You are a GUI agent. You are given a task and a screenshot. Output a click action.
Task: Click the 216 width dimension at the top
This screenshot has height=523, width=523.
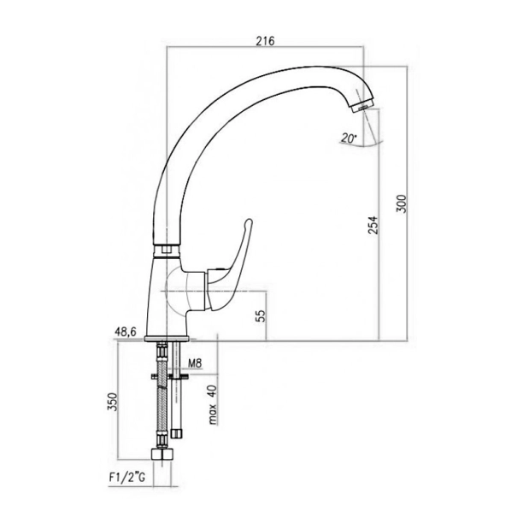click(265, 41)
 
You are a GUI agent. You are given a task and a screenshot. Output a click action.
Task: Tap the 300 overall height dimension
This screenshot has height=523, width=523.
click(402, 203)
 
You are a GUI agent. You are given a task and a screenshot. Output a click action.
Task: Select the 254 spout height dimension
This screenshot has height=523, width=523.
click(373, 225)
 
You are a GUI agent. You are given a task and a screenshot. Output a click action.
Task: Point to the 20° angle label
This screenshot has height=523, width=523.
click(349, 138)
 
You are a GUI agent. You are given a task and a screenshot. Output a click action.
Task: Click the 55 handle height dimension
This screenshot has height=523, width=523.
click(261, 315)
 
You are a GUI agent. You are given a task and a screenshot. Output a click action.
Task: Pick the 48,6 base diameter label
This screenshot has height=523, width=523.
click(126, 332)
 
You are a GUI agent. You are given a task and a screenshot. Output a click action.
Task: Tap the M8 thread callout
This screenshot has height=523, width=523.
click(195, 363)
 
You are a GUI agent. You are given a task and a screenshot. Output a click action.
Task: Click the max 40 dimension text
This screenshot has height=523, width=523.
click(213, 404)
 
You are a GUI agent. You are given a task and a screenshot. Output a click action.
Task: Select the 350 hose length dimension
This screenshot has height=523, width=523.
click(113, 402)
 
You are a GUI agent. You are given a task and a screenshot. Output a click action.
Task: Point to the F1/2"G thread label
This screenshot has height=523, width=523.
click(126, 478)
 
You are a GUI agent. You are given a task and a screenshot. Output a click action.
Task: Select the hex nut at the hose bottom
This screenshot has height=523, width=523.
click(162, 455)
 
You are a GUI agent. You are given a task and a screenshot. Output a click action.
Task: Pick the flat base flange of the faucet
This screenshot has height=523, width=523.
click(167, 339)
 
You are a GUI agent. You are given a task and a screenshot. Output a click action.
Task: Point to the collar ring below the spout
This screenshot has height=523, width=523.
click(167, 251)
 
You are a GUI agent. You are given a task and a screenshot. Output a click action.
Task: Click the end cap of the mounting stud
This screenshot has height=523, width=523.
click(176, 433)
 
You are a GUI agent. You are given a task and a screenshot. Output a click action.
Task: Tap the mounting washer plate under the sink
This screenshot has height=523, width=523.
click(170, 377)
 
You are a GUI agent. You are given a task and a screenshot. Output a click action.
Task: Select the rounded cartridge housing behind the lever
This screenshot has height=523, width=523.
click(187, 290)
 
